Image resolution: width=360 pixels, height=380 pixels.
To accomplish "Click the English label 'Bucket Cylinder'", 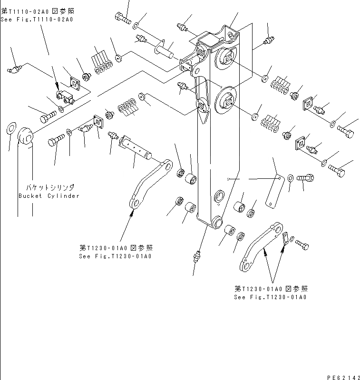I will click(x=49, y=196).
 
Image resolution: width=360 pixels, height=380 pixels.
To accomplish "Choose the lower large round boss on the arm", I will click(x=225, y=101).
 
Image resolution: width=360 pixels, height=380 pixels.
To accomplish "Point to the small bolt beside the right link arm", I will click(x=302, y=244).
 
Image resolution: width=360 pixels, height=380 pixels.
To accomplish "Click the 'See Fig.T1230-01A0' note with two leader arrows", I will click(x=270, y=293).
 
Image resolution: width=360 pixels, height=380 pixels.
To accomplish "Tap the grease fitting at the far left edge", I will click(x=15, y=70).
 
